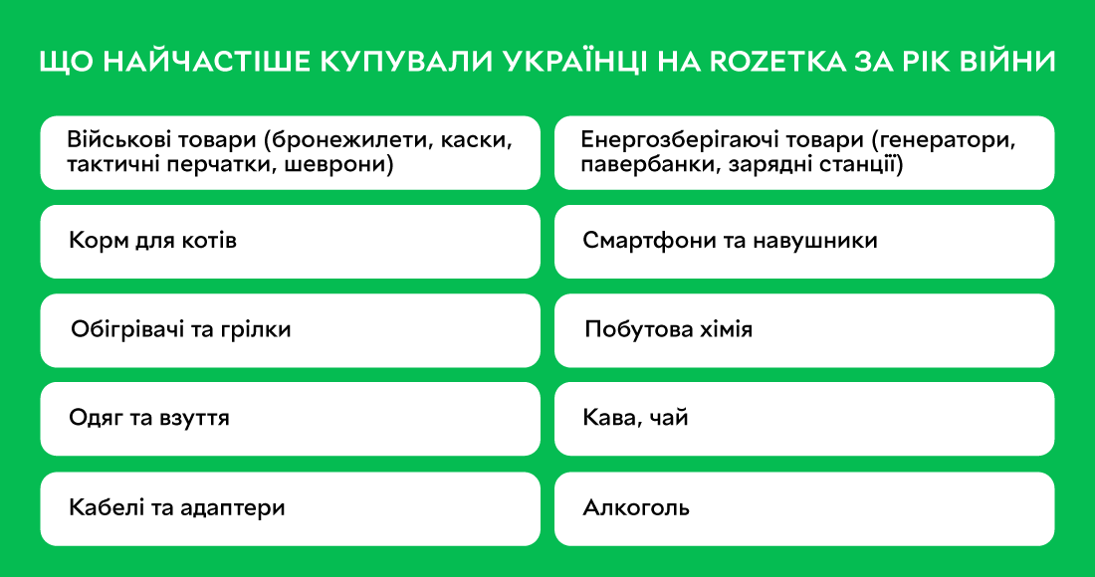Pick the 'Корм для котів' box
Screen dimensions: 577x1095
pyautogui.click(x=290, y=242)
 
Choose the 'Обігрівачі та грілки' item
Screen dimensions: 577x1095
pyautogui.click(x=290, y=330)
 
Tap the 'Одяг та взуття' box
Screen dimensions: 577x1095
pyautogui.click(x=290, y=419)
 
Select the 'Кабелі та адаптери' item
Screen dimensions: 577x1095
pyautogui.click(x=290, y=508)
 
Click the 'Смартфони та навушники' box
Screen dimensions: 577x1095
pyautogui.click(x=803, y=242)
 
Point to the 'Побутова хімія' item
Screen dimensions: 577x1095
pyautogui.click(x=803, y=330)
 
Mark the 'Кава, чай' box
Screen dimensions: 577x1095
pyautogui.click(x=803, y=419)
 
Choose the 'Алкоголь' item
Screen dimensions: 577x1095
pyautogui.click(x=803, y=508)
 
